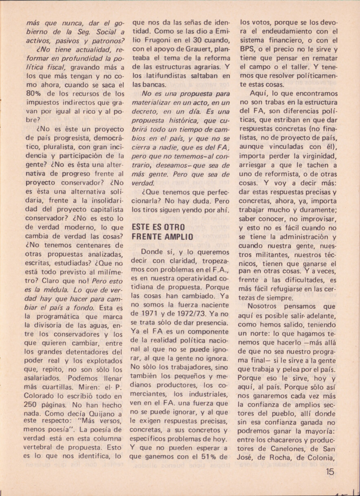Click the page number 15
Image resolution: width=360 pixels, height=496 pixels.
(330, 472)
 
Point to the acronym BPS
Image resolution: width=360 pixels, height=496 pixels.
(247, 49)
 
